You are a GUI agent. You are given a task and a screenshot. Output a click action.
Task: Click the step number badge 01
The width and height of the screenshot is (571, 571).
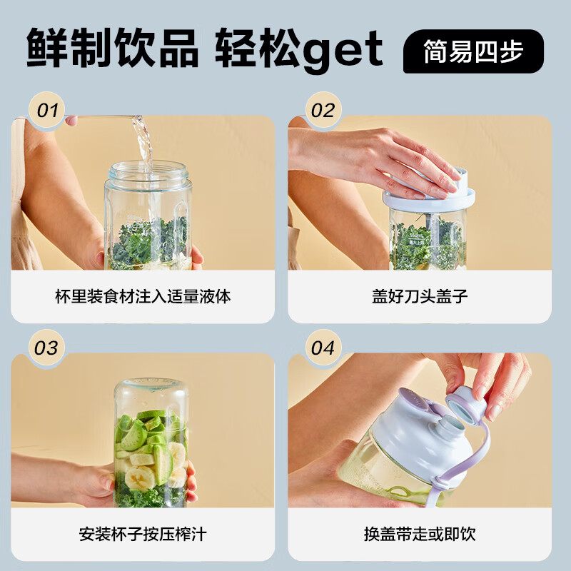(x=46, y=111)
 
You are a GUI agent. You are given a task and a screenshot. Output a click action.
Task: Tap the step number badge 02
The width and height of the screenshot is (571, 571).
(x=323, y=111)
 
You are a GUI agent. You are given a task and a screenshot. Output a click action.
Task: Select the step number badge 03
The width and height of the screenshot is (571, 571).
(x=46, y=348)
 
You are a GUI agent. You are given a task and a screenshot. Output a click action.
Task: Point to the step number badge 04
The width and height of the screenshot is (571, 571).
(x=323, y=348)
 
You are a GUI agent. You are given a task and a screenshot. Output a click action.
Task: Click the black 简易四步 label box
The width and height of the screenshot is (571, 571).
(x=473, y=51)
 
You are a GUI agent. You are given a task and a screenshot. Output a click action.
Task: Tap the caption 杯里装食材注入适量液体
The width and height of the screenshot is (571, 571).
(x=143, y=296)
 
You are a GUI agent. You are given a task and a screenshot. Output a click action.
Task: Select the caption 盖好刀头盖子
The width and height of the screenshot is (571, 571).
(x=420, y=296)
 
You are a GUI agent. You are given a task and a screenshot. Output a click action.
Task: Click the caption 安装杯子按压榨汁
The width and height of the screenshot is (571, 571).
(x=143, y=533)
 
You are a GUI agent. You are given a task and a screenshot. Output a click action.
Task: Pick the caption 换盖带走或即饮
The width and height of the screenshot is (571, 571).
(x=420, y=533)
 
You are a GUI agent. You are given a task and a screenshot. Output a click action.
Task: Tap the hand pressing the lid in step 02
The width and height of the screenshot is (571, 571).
(x=385, y=157)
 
